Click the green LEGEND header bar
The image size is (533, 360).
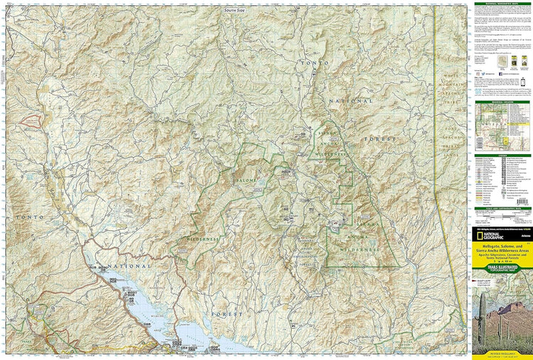tap(502, 156)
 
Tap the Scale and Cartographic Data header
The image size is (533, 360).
tap(502, 209)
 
